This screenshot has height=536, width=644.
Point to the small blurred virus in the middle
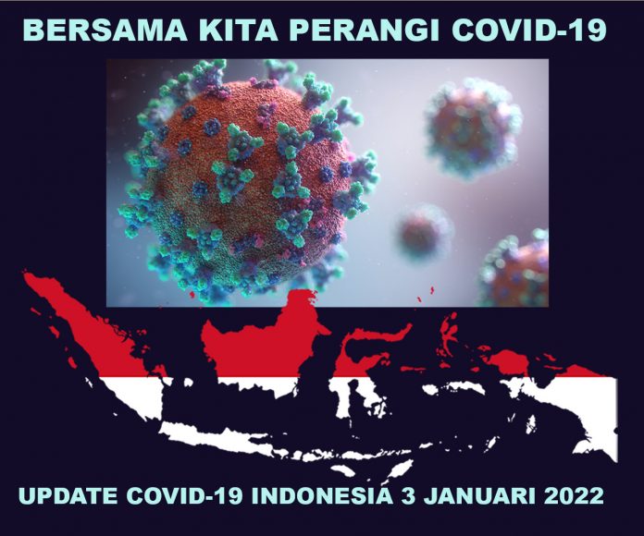pos(424,231)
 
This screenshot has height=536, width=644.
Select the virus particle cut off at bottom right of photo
pos(518,273)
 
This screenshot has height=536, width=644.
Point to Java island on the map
pos(231,434)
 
